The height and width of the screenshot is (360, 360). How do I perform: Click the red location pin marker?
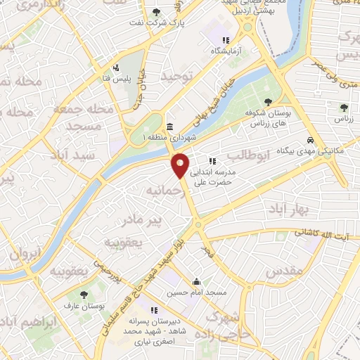[180, 166]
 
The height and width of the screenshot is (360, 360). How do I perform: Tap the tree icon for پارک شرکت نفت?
[156, 12]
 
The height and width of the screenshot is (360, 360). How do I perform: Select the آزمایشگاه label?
[225, 52]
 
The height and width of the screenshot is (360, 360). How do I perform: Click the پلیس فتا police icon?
[115, 68]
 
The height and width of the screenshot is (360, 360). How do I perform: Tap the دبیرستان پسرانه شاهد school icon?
[154, 310]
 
